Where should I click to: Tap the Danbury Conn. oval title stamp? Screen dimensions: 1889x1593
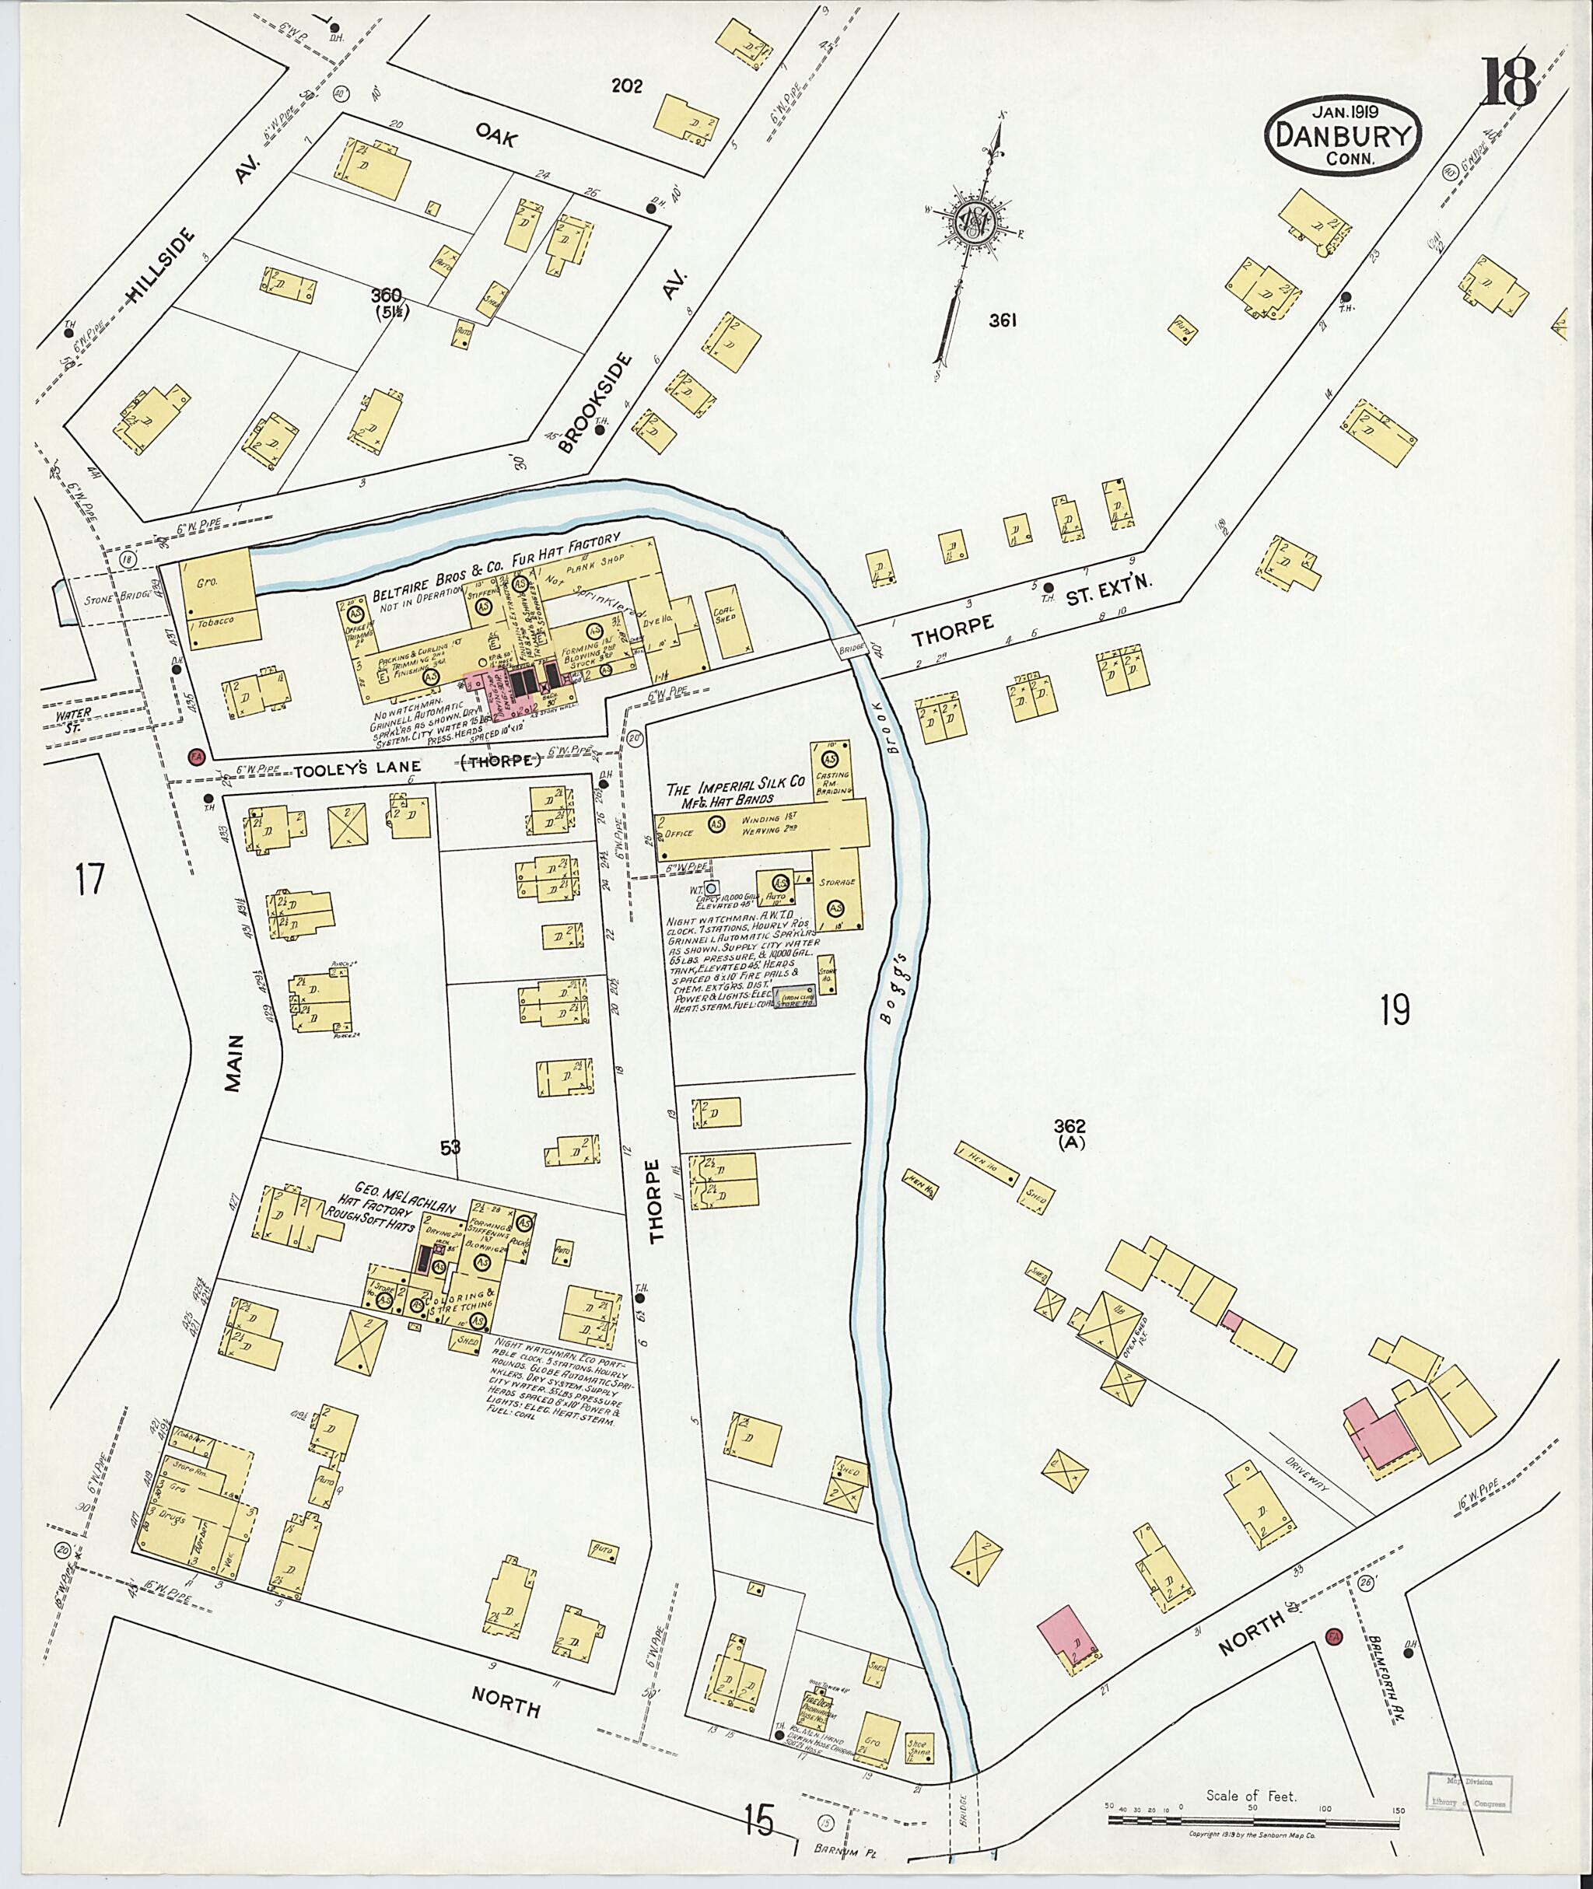coord(1344,139)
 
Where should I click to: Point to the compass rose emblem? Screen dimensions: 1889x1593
coord(975,219)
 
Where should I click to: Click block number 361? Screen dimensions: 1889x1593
coord(1003,320)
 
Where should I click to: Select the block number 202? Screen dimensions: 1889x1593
coord(627,86)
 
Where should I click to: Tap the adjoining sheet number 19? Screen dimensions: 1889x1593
coord(1395,1010)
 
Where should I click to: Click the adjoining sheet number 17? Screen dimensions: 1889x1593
coord(90,879)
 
